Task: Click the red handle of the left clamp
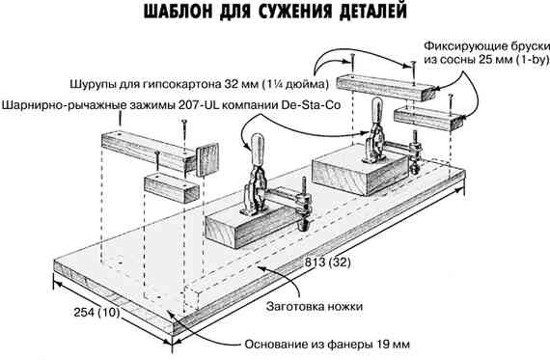click(258, 152)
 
